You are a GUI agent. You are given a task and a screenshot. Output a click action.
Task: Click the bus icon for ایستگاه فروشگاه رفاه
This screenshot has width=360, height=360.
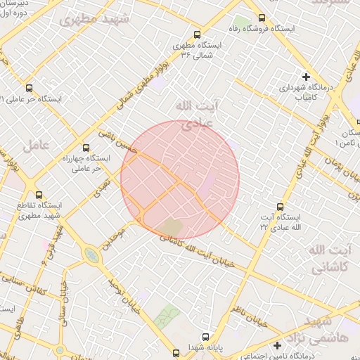262,18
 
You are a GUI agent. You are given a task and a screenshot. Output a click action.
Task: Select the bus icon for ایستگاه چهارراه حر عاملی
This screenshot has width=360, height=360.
86,148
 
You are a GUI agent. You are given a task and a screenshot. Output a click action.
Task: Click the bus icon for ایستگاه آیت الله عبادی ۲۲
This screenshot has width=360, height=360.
281,207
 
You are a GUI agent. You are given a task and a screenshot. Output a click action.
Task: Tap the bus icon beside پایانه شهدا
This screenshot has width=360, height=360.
205,337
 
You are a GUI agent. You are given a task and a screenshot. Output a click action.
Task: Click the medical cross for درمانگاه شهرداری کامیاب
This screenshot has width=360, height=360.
306,76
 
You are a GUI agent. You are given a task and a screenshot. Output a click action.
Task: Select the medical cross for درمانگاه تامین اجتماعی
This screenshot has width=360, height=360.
278,345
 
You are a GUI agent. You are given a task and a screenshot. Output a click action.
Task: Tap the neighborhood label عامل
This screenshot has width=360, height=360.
34,146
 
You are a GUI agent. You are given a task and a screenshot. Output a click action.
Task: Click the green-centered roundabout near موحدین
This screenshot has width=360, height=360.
93,255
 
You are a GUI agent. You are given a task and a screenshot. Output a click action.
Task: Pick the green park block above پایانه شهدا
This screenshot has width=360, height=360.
167,319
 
